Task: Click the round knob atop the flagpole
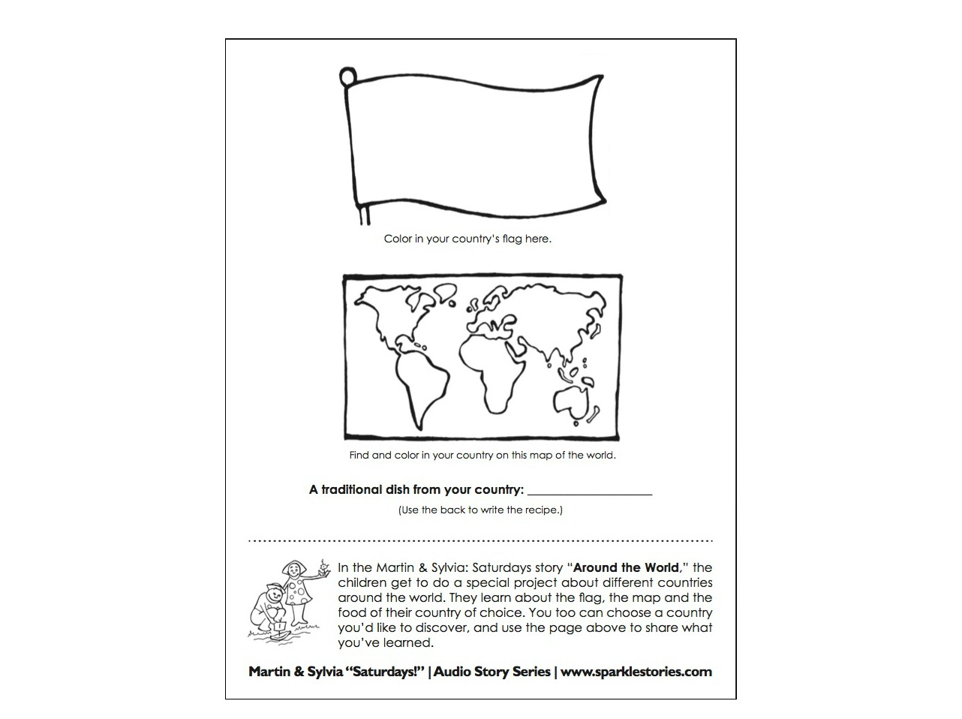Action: [x=347, y=77]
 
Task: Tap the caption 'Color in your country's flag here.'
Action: [x=467, y=239]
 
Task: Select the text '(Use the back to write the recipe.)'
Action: [x=480, y=510]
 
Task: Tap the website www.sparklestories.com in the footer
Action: [x=636, y=672]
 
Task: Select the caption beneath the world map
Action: [x=482, y=455]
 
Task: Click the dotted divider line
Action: [x=480, y=540]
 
